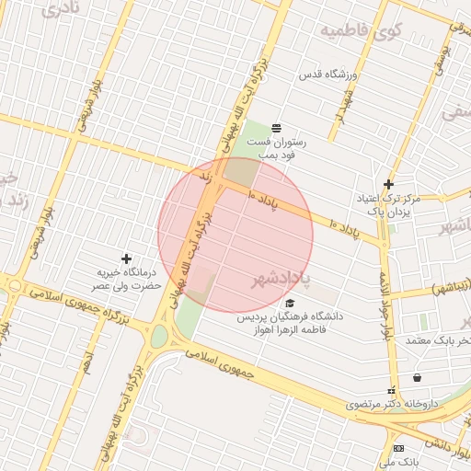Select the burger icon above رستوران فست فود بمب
click(x=276, y=127)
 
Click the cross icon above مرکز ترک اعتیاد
click(x=388, y=184)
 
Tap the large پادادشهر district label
click(x=281, y=276)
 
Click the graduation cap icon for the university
click(x=291, y=303)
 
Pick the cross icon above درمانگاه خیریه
click(x=126, y=258)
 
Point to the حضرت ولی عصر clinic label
click(x=130, y=285)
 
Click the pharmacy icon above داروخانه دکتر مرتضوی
click(x=391, y=390)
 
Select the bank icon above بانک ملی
click(x=398, y=448)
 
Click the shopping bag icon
click(x=418, y=376)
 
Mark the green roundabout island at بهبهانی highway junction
click(x=159, y=336)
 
